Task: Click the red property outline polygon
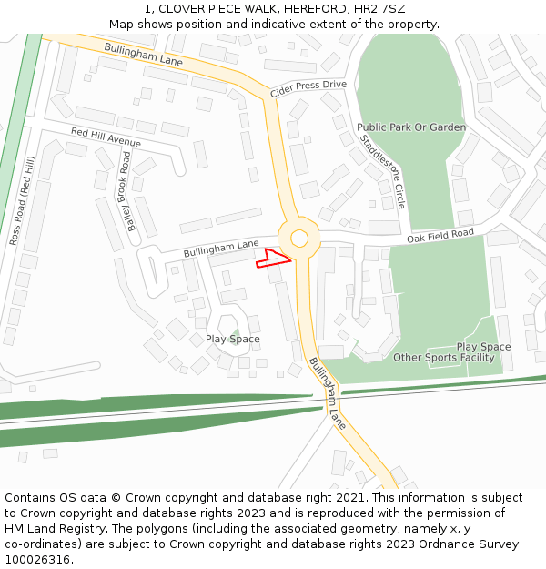point(273,259)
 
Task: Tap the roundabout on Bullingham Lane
point(299,239)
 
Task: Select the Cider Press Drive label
point(308,89)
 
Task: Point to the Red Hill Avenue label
point(106,137)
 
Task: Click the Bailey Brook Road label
point(123,190)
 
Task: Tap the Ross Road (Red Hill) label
point(22,200)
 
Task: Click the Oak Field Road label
point(440,236)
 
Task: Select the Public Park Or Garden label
point(411,127)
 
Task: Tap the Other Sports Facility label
point(444,358)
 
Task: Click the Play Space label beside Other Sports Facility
point(483,347)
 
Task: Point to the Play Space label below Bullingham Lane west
point(232,339)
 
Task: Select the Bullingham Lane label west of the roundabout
point(221,247)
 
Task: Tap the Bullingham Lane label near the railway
point(328,393)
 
